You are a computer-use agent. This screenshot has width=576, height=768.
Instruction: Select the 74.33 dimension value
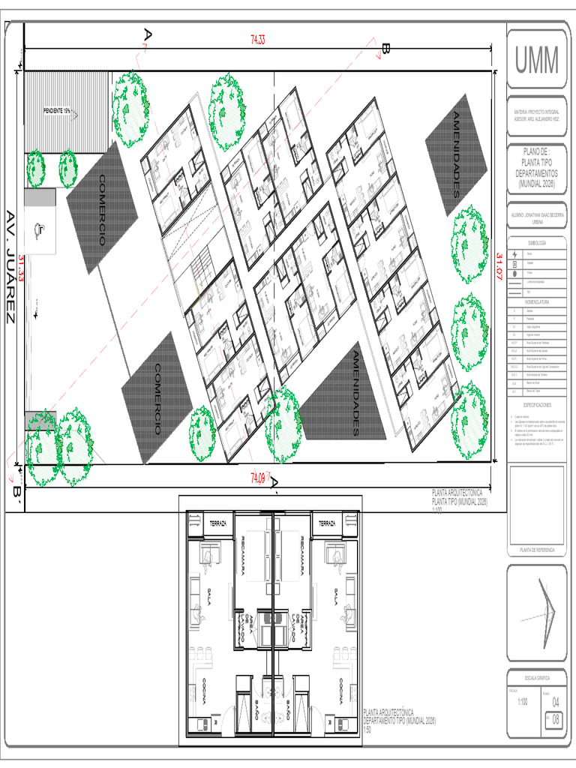257,40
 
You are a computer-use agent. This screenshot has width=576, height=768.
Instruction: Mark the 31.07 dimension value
498,267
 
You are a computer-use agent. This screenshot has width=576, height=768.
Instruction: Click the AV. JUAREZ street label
10,266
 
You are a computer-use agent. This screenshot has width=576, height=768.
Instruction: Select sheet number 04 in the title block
555,702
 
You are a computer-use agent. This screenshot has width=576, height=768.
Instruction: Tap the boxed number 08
555,718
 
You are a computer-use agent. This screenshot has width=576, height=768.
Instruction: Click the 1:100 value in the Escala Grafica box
522,703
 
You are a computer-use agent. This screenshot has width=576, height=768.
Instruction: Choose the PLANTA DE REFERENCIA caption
535,550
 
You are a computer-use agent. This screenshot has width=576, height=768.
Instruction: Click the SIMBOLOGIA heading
535,243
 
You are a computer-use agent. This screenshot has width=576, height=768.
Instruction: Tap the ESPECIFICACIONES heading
535,403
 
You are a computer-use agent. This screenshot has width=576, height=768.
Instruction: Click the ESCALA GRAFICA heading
535,677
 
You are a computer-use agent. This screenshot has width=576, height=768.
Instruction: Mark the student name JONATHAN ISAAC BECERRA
535,213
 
